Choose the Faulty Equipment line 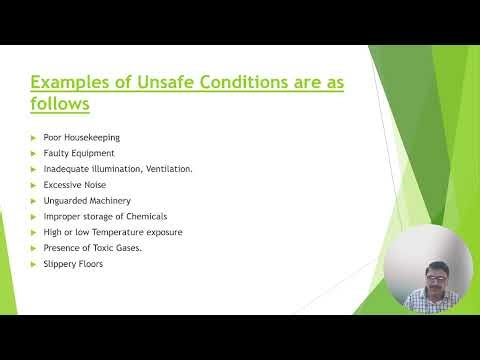[79, 153]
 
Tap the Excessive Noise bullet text [75, 185]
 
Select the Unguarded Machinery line [87, 201]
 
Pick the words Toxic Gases [117, 248]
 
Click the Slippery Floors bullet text [73, 264]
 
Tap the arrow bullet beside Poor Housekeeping [34, 137]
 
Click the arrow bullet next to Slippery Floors [34, 264]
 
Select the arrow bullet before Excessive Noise [34, 185]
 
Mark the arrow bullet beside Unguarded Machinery [34, 201]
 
